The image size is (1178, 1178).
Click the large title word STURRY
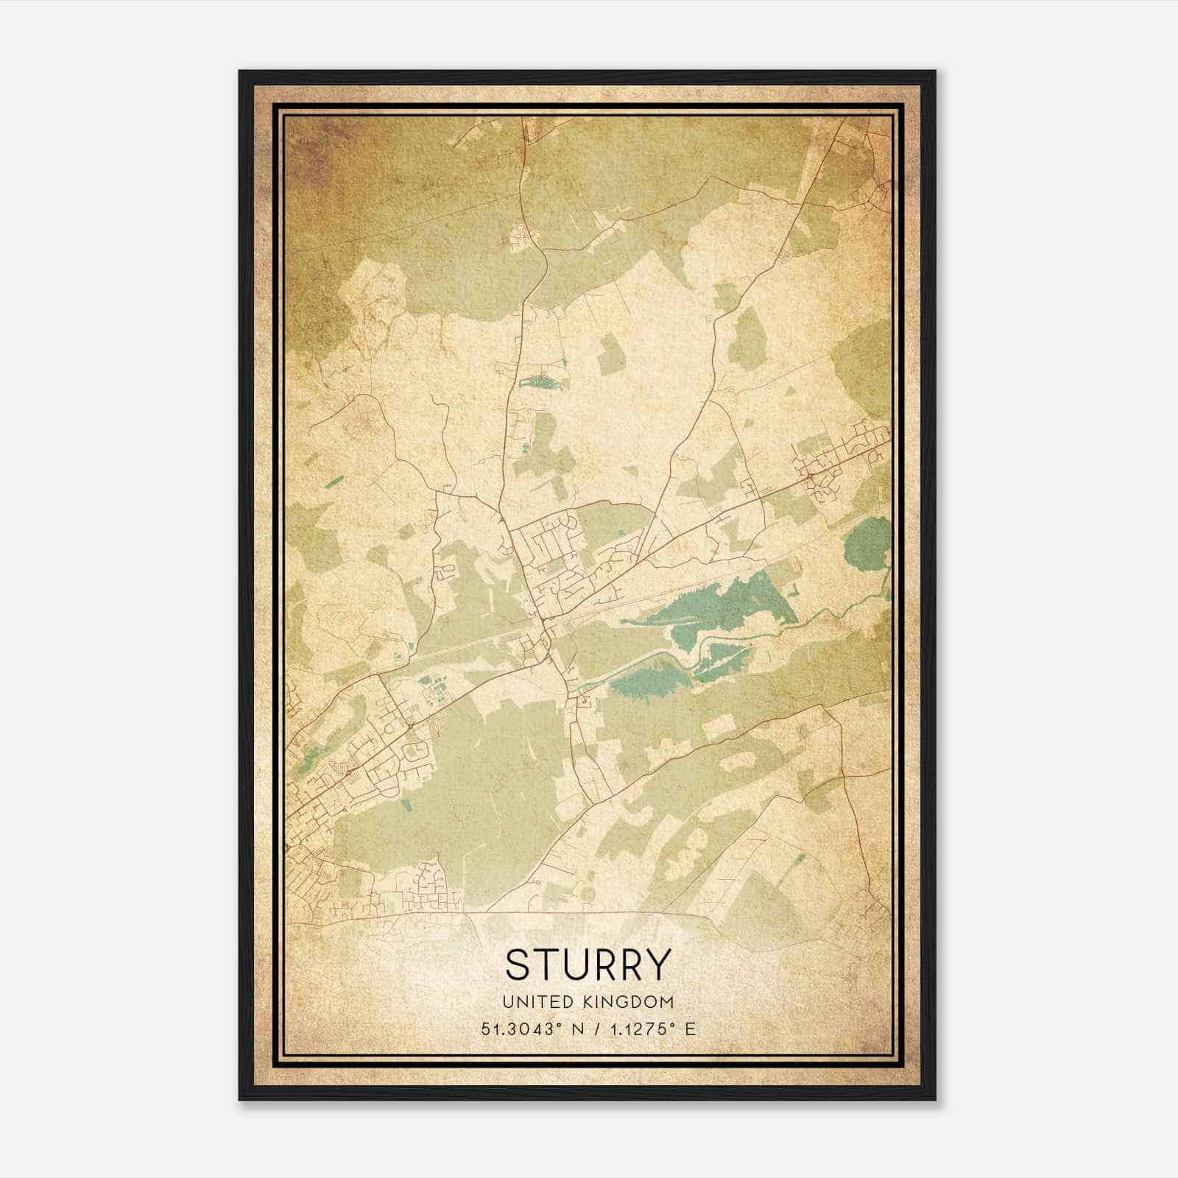588,964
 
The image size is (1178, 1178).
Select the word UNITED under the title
538,1001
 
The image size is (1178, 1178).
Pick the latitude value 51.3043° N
530,1029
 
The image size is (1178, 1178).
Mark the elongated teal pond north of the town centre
540,382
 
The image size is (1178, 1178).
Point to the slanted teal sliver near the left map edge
334,482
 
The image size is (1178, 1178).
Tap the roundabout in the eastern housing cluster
809,479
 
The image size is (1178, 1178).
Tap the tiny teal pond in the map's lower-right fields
799,858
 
